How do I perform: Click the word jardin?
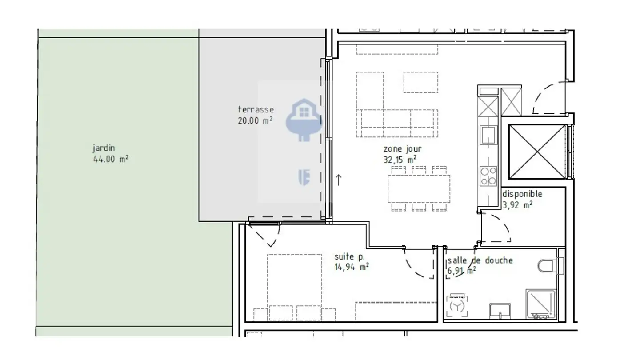point(104,148)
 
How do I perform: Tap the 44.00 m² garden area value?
point(111,159)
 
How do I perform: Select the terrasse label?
point(256,109)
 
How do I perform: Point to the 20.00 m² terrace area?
point(255,120)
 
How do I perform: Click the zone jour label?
point(402,149)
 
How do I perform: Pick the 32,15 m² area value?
point(400,160)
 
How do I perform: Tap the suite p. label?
point(350,256)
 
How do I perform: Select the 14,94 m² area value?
point(352,267)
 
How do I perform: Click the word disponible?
point(522,194)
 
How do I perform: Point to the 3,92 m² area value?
point(517,205)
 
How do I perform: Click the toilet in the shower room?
point(551,266)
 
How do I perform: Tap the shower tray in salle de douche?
point(541,304)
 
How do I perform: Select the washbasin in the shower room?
point(500,311)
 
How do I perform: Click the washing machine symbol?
point(457,305)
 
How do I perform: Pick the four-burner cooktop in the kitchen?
point(488,176)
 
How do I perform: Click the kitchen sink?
point(488,135)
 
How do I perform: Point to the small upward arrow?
point(338,180)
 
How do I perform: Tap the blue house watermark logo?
point(304,120)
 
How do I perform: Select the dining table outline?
point(419,189)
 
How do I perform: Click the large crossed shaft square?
point(537,152)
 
